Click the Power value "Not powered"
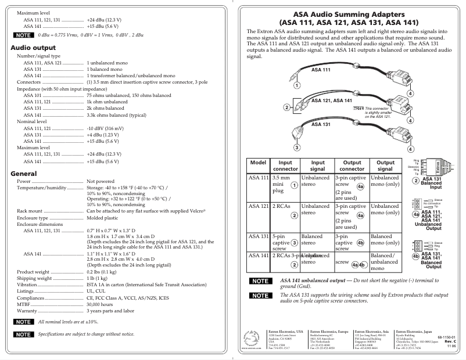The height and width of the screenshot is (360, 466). pyautogui.click(x=101, y=181)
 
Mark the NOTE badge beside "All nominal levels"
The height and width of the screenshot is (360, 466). pyautogui.click(x=24, y=321)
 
